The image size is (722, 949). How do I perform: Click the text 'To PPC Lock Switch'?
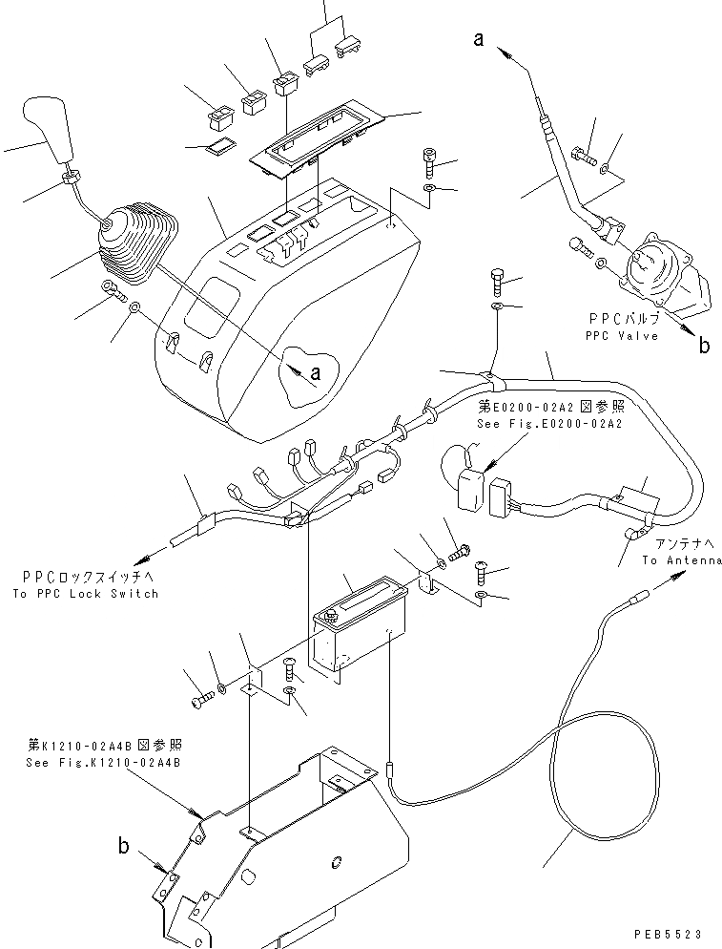pos(86,593)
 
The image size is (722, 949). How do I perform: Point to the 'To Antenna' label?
pos(681,559)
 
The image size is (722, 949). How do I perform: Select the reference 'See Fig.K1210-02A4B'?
pos(104,762)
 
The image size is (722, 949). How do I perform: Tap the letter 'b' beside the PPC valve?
pos(703,346)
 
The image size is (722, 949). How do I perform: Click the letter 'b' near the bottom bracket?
pos(123,845)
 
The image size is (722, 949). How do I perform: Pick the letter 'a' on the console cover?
pos(315,375)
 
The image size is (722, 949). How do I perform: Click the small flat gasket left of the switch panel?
pos(221,145)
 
